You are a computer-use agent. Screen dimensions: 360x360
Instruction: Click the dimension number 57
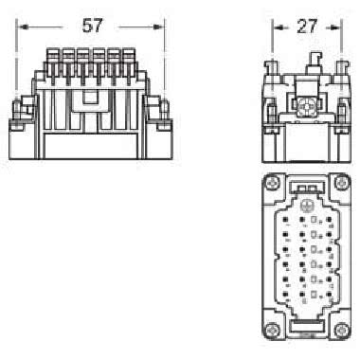[x=92, y=25]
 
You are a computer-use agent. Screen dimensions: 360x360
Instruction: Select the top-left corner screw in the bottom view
[x=273, y=188]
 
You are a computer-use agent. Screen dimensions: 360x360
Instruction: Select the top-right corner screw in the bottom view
[x=339, y=188]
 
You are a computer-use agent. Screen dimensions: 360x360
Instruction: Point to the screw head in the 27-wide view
[x=306, y=111]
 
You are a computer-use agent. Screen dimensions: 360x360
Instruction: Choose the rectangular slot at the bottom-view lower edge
[x=306, y=333]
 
